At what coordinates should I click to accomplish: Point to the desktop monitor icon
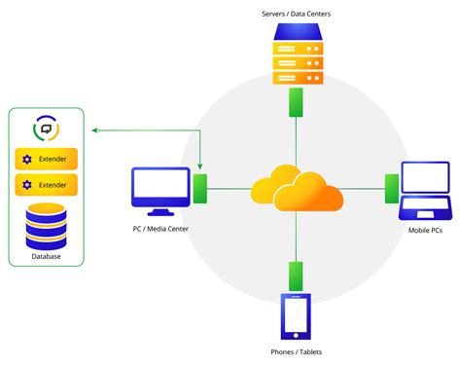pyautogui.click(x=160, y=191)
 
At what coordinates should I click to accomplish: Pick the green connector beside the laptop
pyautogui.click(x=391, y=187)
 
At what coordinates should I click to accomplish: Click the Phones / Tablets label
pyautogui.click(x=295, y=351)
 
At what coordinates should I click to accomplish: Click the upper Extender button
pyautogui.click(x=46, y=159)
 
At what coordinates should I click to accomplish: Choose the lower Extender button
pyautogui.click(x=46, y=184)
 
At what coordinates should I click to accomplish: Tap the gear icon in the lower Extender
pyautogui.click(x=27, y=184)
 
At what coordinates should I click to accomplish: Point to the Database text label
pyautogui.click(x=45, y=256)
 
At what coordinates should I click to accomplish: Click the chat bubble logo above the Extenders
pyautogui.click(x=45, y=129)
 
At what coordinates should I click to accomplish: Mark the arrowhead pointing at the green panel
pyautogui.click(x=90, y=129)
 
